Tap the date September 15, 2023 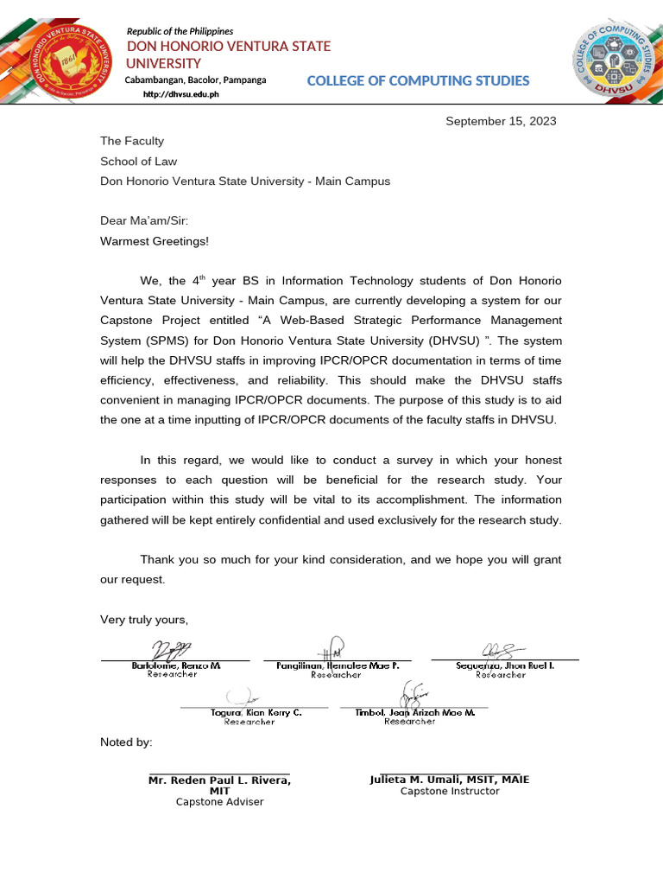coord(501,121)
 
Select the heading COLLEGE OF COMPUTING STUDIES coord(418,81)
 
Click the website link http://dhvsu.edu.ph coord(181,94)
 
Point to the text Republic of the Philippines coord(180,31)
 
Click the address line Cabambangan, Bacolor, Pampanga coord(195,80)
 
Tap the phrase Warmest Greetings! coord(155,241)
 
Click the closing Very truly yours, coord(144,620)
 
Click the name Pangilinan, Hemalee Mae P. coord(338,666)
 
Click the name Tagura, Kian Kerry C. coord(256,713)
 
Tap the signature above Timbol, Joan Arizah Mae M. coord(414,694)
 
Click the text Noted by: coord(126,742)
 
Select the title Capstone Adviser coord(219,802)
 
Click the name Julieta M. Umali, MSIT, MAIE coord(449,780)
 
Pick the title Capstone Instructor coord(449,791)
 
